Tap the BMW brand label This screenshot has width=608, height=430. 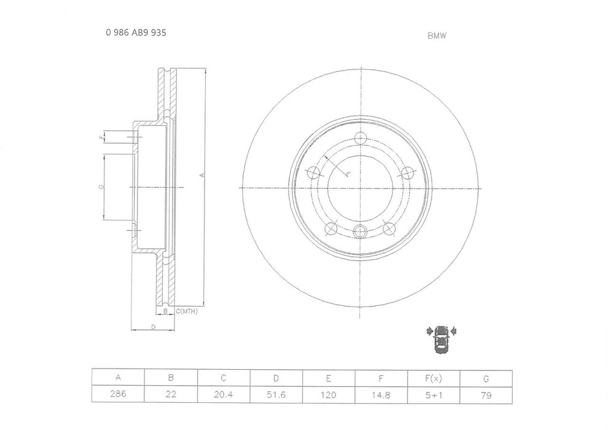[437, 36]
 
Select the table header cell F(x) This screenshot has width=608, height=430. [433, 377]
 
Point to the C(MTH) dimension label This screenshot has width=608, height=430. [186, 313]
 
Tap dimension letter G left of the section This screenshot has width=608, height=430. [100, 187]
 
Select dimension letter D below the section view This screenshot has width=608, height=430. [152, 327]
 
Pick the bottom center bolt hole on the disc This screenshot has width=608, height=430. [360, 231]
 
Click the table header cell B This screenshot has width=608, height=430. [170, 377]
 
